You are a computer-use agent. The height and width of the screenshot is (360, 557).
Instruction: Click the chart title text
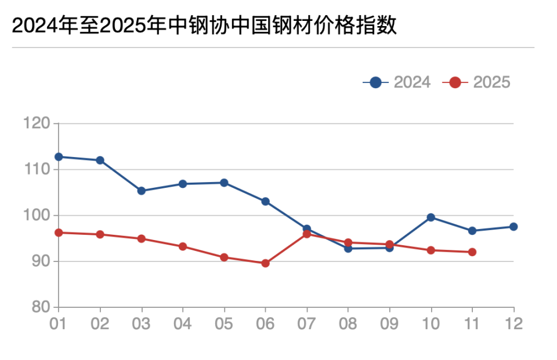click(x=204, y=26)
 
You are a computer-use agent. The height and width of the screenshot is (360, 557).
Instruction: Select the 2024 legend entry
click(x=397, y=82)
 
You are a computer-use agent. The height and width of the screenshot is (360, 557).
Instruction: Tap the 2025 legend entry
click(x=476, y=82)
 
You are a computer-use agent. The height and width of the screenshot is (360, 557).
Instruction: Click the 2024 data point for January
click(x=59, y=157)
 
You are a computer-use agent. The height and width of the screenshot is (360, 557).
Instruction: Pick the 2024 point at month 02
click(x=100, y=160)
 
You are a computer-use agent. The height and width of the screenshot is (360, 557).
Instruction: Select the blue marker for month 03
click(x=141, y=191)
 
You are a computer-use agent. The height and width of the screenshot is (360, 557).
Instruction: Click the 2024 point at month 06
click(x=265, y=201)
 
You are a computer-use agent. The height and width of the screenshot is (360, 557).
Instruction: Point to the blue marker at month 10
click(x=431, y=217)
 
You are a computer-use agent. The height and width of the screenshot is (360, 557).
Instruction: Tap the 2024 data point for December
click(x=513, y=227)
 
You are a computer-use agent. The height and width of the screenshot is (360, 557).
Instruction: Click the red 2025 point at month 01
click(x=59, y=232)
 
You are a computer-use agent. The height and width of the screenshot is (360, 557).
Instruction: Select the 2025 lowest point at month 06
click(x=265, y=263)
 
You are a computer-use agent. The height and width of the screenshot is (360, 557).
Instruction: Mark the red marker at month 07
click(x=306, y=234)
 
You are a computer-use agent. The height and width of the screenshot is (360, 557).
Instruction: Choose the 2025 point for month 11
click(x=472, y=252)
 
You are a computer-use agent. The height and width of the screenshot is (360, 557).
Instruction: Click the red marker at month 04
click(x=183, y=246)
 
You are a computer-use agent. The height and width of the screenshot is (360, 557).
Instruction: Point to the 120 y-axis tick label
click(x=37, y=123)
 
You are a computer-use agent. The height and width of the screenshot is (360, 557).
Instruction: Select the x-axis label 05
click(x=224, y=323)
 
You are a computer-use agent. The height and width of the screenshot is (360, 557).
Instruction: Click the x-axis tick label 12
click(x=513, y=323)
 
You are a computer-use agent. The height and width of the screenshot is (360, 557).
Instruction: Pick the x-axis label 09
click(x=389, y=323)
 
